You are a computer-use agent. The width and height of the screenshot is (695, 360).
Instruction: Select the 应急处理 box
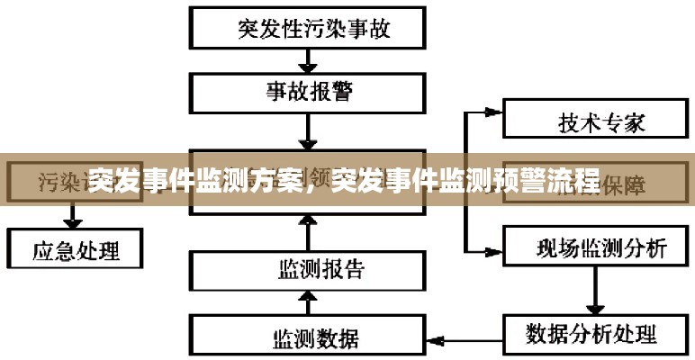click(x=76, y=247)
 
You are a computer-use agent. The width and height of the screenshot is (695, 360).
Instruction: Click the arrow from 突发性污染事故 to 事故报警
click(x=308, y=61)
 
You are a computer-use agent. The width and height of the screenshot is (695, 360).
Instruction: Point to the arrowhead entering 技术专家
click(x=492, y=113)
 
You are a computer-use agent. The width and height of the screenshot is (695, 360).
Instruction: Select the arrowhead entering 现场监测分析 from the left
click(x=492, y=249)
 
